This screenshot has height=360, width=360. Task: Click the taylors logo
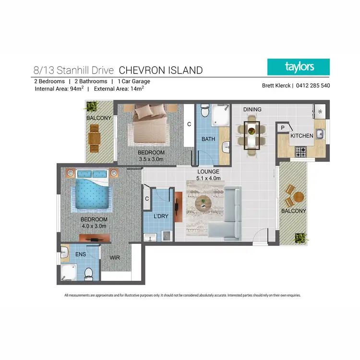tap(299, 67)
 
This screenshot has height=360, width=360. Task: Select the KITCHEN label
tap(301, 136)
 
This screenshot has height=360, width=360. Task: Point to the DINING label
tap(252, 109)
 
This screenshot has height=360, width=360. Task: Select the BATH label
tap(208, 139)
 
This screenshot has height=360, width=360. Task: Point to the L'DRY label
tap(161, 216)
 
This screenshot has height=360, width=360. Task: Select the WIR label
tap(115, 258)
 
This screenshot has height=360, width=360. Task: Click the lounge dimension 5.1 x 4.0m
tap(208, 178)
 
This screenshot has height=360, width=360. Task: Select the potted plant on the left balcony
tap(91, 107)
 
